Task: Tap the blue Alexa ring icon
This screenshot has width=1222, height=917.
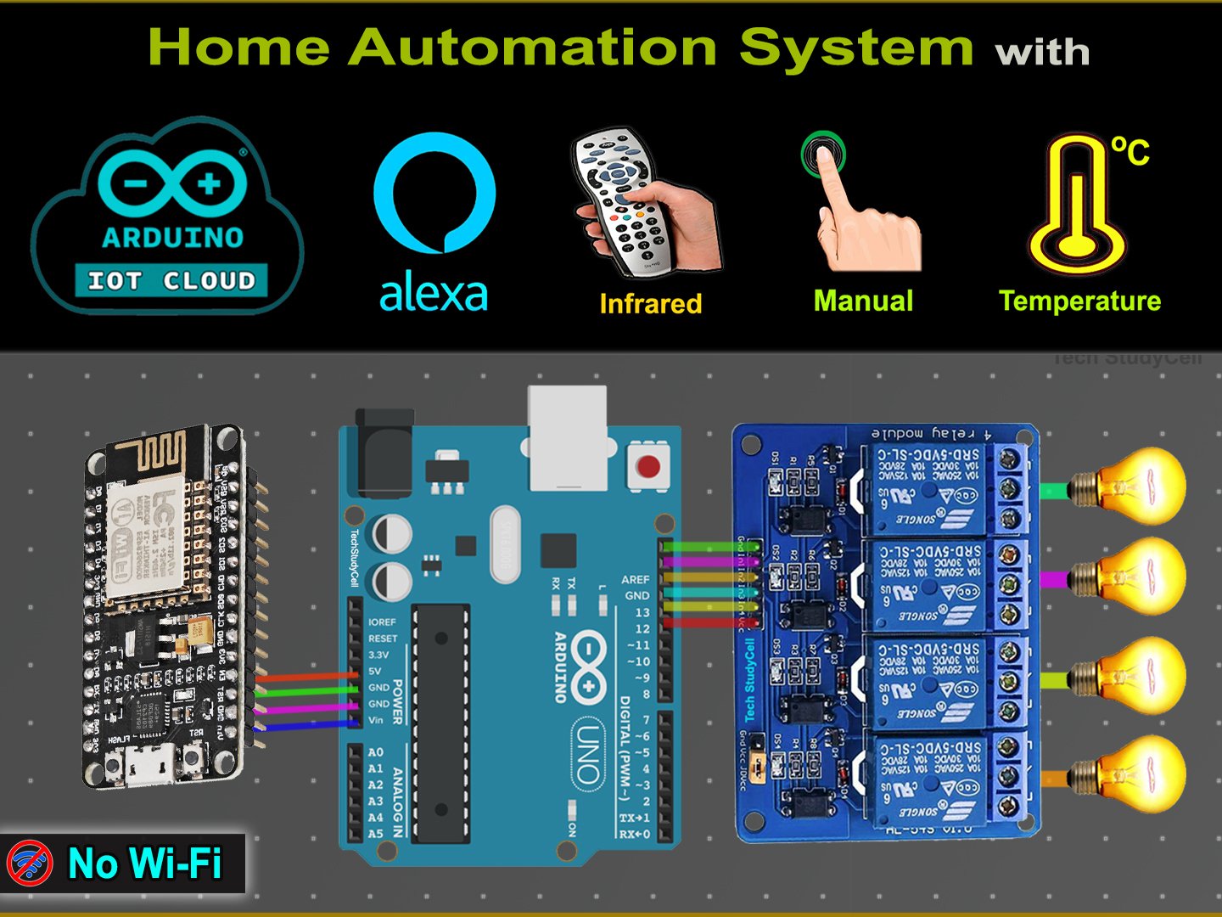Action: click(x=434, y=192)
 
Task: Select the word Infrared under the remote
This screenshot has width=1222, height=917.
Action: click(x=651, y=303)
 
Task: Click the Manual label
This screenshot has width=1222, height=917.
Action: click(x=863, y=301)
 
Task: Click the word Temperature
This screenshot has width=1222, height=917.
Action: click(x=1079, y=301)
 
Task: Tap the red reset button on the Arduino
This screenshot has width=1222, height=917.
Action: click(x=648, y=466)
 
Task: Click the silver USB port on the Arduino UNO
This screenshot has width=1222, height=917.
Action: click(x=568, y=437)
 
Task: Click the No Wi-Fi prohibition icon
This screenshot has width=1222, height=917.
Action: click(x=30, y=864)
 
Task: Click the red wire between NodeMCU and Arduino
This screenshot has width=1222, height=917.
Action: click(x=305, y=677)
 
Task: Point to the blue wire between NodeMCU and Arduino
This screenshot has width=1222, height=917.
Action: click(x=305, y=725)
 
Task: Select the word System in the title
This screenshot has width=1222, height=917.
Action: click(x=855, y=48)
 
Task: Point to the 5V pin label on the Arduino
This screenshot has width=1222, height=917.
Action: click(x=374, y=671)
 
